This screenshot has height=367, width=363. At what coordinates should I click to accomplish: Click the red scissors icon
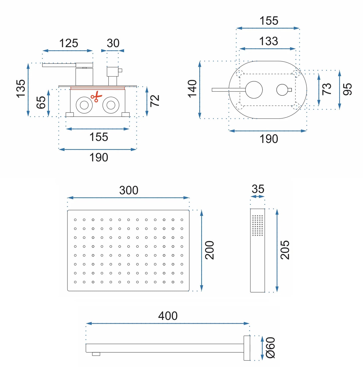click(x=96, y=97)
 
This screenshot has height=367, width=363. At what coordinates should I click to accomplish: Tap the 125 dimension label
click(x=69, y=43)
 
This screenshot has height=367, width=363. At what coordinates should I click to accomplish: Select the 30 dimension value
click(x=113, y=43)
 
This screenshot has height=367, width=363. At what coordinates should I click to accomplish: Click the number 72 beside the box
click(x=155, y=101)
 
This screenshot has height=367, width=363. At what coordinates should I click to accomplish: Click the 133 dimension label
click(x=269, y=41)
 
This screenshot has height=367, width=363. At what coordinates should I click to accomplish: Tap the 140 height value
click(x=193, y=89)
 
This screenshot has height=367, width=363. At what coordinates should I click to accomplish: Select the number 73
click(x=327, y=89)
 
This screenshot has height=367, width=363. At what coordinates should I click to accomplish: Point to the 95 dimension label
click(x=348, y=89)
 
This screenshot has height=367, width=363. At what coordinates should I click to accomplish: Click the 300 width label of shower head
click(x=129, y=190)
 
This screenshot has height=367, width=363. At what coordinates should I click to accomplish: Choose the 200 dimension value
click(x=210, y=250)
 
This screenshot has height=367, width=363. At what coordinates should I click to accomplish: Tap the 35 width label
click(x=258, y=189)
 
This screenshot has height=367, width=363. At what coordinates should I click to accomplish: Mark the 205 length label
click(x=285, y=250)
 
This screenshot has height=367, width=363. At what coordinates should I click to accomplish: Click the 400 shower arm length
click(x=168, y=316)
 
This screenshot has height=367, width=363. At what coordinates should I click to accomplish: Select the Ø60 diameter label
click(x=271, y=348)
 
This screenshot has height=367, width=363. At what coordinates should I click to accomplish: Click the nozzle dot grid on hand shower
click(x=257, y=225)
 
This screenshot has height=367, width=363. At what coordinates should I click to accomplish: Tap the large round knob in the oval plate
click(x=254, y=90)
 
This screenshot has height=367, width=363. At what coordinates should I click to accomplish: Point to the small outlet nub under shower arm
click(x=96, y=354)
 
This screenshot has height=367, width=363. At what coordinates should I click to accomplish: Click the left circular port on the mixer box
click(x=84, y=105)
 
